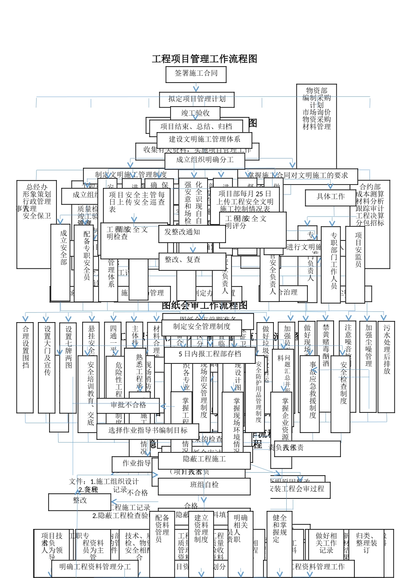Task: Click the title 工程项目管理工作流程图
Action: click(x=204, y=59)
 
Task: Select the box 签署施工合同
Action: click(x=196, y=74)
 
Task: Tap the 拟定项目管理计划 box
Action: click(x=197, y=99)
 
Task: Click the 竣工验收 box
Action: click(x=195, y=113)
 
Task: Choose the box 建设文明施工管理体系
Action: click(x=204, y=139)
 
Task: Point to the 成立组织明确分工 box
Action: click(x=205, y=160)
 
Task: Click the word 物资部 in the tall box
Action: click(x=316, y=91)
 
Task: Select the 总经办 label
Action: click(x=37, y=187)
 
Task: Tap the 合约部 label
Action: click(x=370, y=187)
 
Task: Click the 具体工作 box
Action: click(x=331, y=197)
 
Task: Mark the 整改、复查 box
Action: click(x=183, y=260)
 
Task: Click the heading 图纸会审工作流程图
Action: click(x=204, y=305)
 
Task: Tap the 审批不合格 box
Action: click(x=128, y=405)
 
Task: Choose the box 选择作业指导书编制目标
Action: click(x=148, y=430)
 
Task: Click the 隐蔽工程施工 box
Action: click(x=204, y=459)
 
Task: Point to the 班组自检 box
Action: click(x=204, y=485)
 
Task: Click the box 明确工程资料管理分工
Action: click(x=95, y=567)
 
